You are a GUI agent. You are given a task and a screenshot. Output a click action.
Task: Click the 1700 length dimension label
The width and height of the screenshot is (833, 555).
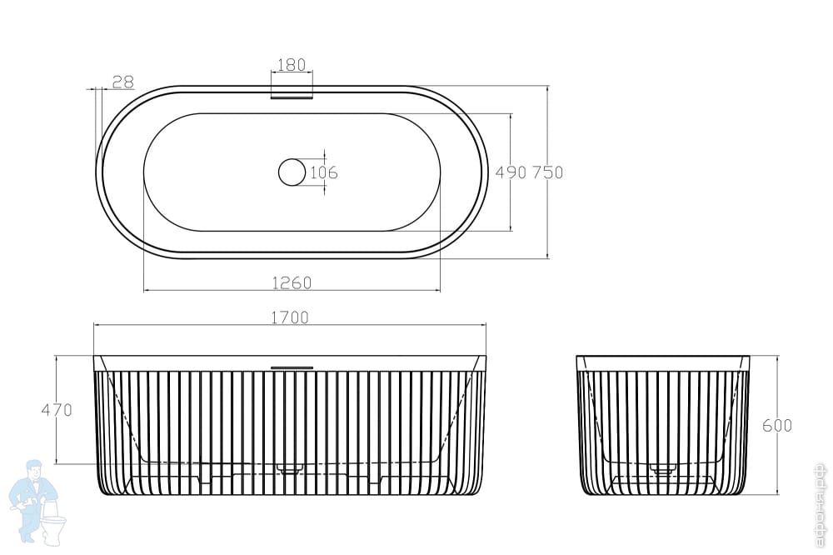(290, 317)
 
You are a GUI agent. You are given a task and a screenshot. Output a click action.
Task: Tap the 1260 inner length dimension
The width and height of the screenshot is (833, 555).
(292, 282)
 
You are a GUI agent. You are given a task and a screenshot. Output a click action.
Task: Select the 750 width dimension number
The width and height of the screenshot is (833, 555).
(547, 172)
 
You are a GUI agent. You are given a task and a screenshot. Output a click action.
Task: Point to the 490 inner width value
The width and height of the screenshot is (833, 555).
(511, 172)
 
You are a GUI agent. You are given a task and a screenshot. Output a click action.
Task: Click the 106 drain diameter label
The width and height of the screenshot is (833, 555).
(323, 172)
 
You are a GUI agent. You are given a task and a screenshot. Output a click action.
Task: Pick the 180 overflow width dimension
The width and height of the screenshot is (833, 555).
(292, 65)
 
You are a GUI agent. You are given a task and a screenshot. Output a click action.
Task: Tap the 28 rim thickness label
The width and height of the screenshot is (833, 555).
(123, 82)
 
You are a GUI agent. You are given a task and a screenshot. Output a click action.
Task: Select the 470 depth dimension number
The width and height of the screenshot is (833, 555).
(57, 410)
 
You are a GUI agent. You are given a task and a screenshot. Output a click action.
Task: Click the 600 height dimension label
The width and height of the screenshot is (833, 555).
(777, 425)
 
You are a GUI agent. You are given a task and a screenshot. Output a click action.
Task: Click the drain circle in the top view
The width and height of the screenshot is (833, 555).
(292, 172)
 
